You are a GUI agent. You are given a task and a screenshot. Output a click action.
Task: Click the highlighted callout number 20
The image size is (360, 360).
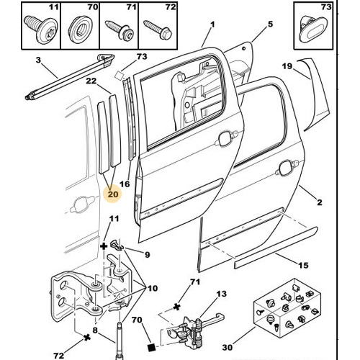[x=113, y=194]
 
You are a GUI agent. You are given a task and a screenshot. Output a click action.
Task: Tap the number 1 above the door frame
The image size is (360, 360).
[x=212, y=24]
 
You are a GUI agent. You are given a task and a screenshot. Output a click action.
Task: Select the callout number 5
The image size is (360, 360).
[x=271, y=24]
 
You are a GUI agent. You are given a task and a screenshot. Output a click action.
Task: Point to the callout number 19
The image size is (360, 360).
[x=287, y=66]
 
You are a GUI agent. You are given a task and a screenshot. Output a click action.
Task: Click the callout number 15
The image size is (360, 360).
[x=303, y=265]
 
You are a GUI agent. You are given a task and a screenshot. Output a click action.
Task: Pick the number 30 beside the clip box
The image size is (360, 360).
[x=228, y=347]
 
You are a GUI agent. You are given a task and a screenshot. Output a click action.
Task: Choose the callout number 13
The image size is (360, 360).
[x=221, y=294]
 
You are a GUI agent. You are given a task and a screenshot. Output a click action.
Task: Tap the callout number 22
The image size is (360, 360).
[x=91, y=81]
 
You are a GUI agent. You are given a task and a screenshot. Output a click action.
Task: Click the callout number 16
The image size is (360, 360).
[x=125, y=184]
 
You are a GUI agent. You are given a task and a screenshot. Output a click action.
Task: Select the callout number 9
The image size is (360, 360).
[x=147, y=254]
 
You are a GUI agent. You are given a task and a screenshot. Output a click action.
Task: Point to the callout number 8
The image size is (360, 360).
[x=95, y=330]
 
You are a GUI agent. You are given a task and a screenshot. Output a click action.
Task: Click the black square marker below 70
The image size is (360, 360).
[x=151, y=347]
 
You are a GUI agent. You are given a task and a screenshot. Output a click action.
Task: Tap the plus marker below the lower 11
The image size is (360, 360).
[x=104, y=246]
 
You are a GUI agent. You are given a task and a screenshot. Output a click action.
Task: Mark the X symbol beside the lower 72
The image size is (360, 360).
[x=87, y=338]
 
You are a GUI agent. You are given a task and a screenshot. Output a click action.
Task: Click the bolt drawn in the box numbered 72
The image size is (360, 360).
[x=158, y=30]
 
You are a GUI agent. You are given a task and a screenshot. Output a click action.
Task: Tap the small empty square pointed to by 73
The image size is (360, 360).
[x=119, y=76]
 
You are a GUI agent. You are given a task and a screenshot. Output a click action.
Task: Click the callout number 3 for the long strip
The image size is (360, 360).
[x=38, y=60]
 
